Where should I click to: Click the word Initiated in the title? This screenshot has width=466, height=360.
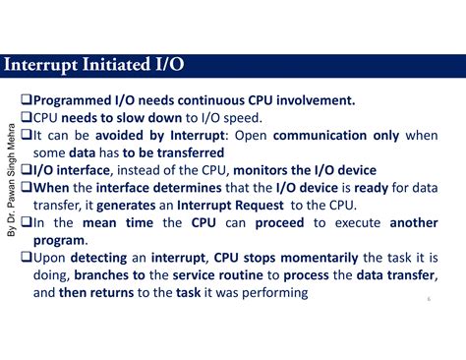pos(105,67)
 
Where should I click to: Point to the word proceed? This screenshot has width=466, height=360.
pos(283,223)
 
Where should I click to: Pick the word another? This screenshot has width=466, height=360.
pos(413,223)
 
